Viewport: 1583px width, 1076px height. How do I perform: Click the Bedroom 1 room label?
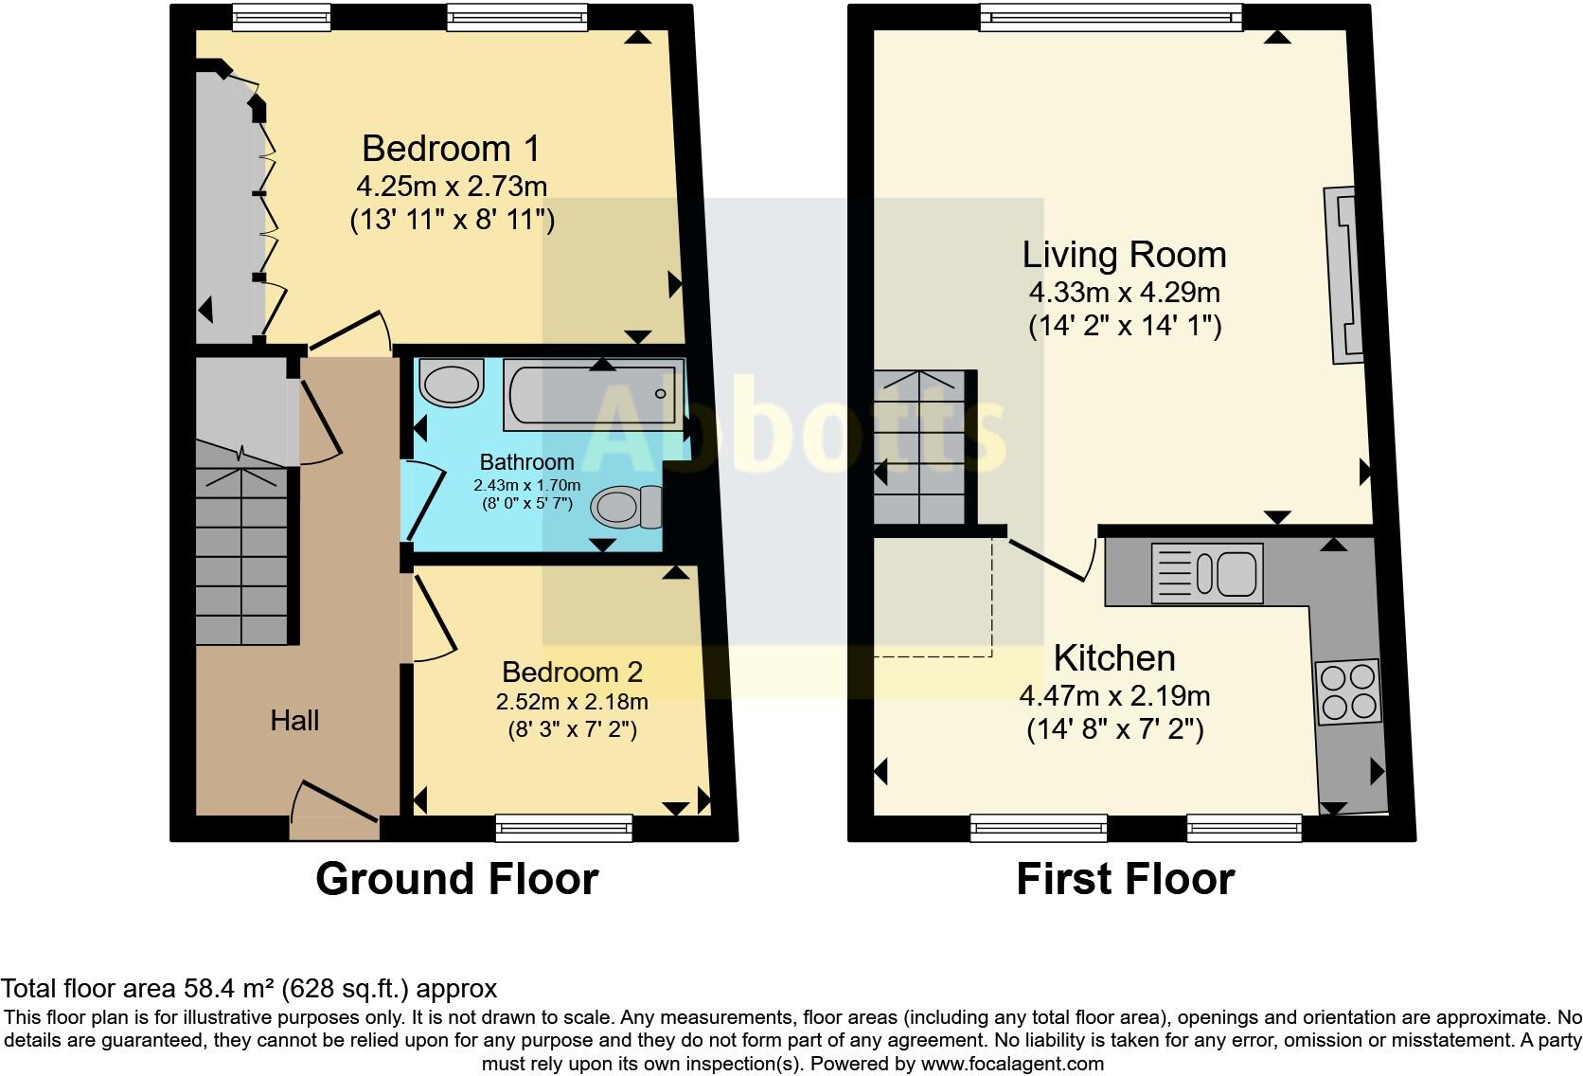click(451, 149)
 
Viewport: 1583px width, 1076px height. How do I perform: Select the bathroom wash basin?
click(452, 384)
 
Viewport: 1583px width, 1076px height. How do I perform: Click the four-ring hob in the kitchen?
click(1348, 691)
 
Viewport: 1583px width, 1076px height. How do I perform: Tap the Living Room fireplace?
click(1345, 275)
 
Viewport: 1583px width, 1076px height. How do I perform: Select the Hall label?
click(294, 721)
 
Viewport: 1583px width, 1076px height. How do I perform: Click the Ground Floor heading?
click(456, 879)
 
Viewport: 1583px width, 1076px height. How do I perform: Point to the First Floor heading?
click(1125, 879)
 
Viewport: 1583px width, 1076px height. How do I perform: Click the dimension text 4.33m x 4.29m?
click(1125, 292)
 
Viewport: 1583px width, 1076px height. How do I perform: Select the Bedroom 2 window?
click(564, 828)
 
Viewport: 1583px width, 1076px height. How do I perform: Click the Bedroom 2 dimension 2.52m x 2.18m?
click(572, 702)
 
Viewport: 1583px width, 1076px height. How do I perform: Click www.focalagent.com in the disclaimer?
click(1011, 1064)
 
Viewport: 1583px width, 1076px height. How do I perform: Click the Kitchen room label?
click(1114, 657)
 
